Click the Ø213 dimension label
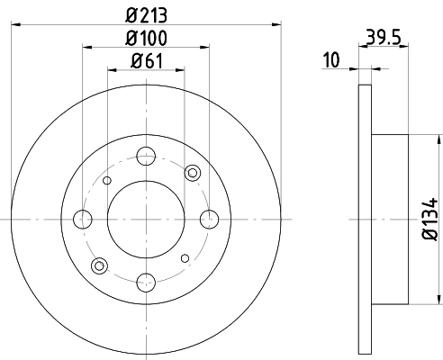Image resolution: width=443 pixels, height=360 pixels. click(x=146, y=15)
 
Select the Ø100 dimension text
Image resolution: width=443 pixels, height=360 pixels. click(x=146, y=39)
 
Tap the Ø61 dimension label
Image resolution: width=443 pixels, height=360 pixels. click(x=147, y=61)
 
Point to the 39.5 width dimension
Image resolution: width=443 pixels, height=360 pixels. click(x=384, y=38)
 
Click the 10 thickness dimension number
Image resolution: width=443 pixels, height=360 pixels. click(x=331, y=60)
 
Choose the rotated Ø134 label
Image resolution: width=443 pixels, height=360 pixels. click(x=430, y=219)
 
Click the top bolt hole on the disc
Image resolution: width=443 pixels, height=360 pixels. click(x=146, y=157)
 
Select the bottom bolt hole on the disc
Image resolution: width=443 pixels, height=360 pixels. click(x=146, y=283)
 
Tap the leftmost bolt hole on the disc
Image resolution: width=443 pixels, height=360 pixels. click(x=83, y=220)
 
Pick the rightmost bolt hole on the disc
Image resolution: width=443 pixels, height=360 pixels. click(x=209, y=220)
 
